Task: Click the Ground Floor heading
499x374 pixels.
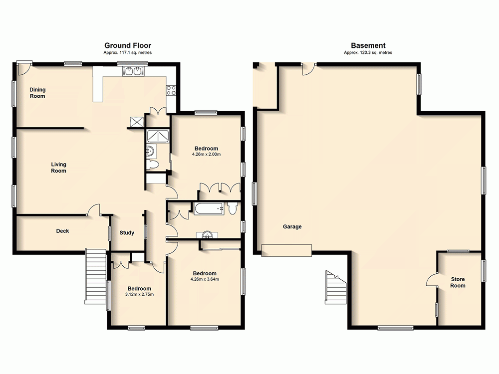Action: (127, 45)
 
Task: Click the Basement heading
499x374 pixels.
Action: (368, 45)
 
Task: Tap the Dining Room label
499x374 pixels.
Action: (37, 93)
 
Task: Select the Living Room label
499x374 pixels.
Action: (58, 168)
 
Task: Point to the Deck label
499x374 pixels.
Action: (62, 231)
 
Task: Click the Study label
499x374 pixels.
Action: (127, 232)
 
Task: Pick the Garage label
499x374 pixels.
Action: (292, 226)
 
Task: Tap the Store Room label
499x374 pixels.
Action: (458, 282)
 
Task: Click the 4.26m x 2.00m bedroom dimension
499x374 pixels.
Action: (206, 155)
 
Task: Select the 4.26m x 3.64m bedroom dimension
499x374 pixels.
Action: (205, 279)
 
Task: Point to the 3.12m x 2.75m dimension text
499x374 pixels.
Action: (139, 295)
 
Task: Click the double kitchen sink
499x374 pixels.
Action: (132, 71)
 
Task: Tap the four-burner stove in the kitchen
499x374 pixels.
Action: (171, 90)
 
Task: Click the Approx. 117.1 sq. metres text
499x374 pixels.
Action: (127, 52)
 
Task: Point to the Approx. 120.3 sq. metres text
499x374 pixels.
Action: (368, 52)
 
